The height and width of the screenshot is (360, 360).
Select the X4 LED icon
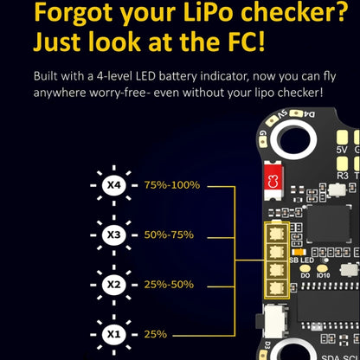[x=112, y=184]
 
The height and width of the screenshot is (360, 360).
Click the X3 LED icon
[x=112, y=235]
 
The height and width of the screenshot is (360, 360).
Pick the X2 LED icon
[x=112, y=284]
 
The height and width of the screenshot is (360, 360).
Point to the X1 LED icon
[x=112, y=333]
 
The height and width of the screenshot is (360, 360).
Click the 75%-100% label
[x=172, y=184]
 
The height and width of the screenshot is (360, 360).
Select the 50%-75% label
[x=169, y=235]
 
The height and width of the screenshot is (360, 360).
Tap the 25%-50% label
[x=169, y=284]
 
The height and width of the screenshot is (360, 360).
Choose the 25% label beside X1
[x=157, y=333]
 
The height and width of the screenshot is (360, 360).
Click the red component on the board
[x=273, y=181]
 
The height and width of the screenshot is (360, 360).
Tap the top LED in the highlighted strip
[x=277, y=234]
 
